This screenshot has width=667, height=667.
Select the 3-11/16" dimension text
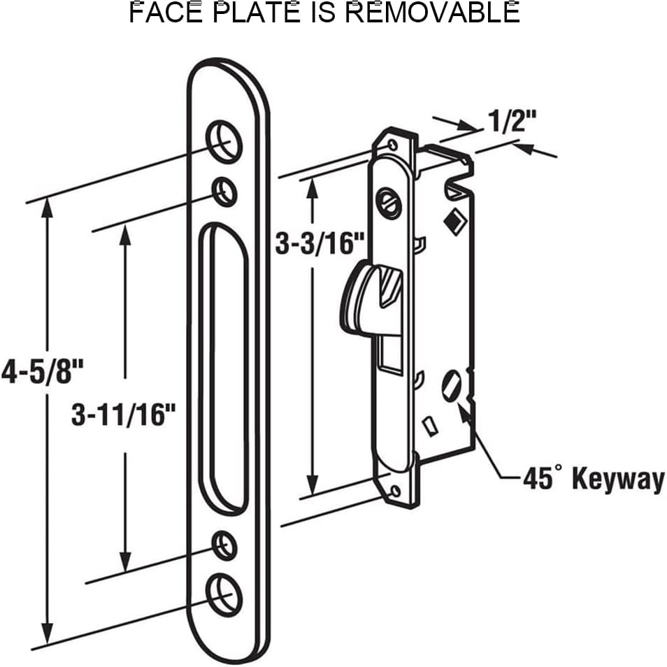(x=122, y=415)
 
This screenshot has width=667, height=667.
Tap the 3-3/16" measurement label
(x=320, y=244)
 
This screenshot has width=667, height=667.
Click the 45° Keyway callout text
(x=593, y=480)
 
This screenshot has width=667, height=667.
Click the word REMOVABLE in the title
(x=433, y=13)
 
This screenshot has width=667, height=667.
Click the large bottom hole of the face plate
(x=225, y=594)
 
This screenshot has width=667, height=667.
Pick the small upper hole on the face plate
(x=224, y=191)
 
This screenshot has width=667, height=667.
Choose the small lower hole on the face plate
(x=224, y=545)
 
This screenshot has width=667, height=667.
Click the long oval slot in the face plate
(x=224, y=367)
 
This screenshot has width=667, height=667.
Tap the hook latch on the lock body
(x=371, y=297)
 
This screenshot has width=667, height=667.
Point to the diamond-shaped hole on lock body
(x=453, y=222)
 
